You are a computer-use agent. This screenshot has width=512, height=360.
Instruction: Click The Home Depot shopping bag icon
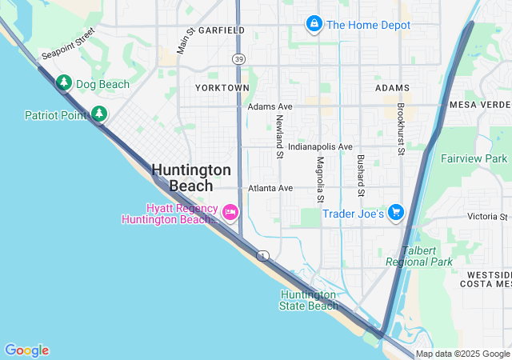(314, 25)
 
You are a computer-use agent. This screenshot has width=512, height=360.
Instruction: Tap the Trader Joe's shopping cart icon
(395, 213)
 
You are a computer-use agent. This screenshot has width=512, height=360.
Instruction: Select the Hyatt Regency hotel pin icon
(230, 211)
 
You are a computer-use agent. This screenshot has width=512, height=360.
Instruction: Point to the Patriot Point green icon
(98, 114)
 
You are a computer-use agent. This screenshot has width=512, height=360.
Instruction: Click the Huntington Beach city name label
(191, 178)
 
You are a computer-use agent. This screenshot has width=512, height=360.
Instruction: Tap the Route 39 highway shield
(238, 59)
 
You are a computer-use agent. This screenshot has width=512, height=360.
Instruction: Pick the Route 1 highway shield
(262, 255)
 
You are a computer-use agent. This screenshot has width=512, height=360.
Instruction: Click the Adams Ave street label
(270, 106)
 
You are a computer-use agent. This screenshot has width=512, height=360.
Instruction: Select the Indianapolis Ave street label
(320, 147)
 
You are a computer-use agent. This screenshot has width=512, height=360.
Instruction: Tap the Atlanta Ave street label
(270, 188)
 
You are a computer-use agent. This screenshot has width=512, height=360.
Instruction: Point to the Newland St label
(280, 136)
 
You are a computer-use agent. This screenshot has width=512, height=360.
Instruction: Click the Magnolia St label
(320, 179)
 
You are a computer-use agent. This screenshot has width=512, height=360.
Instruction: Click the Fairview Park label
(474, 158)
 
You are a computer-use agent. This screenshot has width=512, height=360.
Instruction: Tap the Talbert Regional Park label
(418, 256)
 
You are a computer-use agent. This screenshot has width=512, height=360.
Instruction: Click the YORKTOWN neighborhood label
(222, 87)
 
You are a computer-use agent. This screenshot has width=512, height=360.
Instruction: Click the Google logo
(26, 350)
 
